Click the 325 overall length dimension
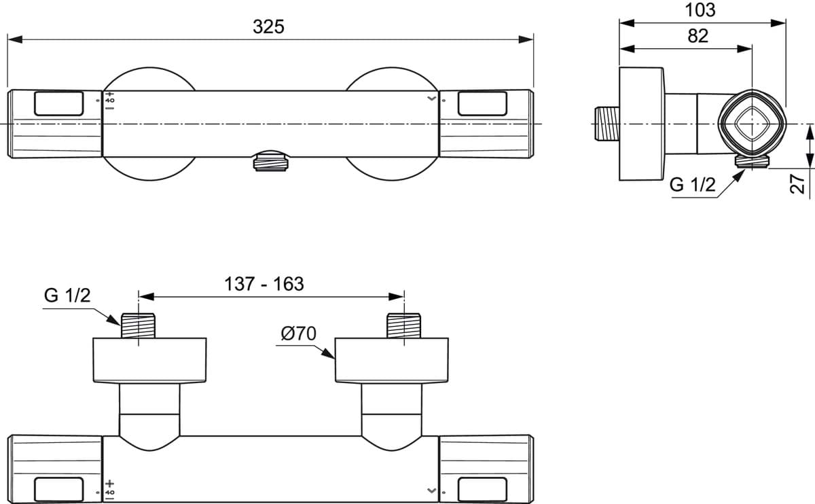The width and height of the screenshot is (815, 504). click(268, 27)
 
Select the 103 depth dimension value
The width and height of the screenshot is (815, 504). click(700, 10)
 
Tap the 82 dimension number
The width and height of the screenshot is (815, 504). click(698, 36)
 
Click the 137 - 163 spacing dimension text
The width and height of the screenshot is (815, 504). click(264, 284)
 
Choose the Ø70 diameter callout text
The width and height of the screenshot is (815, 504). click(298, 334)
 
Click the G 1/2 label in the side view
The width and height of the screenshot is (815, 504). click(692, 185)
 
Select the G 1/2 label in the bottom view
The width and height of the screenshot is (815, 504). click(67, 295)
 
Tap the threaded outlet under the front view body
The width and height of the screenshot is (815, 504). click(271, 162)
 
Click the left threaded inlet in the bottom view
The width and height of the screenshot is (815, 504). click(138, 325)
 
